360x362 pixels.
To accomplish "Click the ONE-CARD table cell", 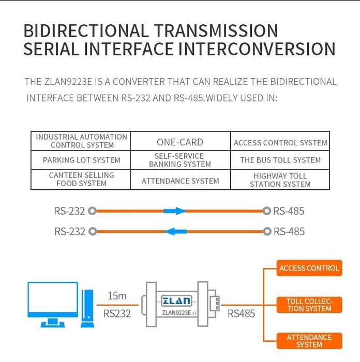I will tap(180, 142).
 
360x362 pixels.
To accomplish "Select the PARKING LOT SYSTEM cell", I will tap(81, 160).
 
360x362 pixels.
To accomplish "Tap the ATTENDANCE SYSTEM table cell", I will tap(180, 181).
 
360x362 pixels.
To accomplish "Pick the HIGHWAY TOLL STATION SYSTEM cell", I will tap(280, 180).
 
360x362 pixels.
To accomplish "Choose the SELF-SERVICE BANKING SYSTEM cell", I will tap(180, 160).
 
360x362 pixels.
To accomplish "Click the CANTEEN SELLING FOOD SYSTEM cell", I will tap(81, 179).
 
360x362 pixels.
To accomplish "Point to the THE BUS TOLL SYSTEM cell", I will tap(280, 160).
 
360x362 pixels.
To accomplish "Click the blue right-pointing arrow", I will tap(174, 211).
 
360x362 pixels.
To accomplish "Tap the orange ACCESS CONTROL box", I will tap(309, 268).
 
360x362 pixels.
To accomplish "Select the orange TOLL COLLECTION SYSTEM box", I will tap(309, 305).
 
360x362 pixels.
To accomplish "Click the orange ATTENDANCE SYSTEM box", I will tap(309, 341).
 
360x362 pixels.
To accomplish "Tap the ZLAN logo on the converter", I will tap(176, 300).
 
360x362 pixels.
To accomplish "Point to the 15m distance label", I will tap(117, 296).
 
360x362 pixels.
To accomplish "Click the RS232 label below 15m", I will tap(117, 313).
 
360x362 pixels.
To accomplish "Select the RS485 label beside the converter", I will tap(241, 313).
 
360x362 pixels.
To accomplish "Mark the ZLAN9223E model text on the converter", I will tap(176, 312).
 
